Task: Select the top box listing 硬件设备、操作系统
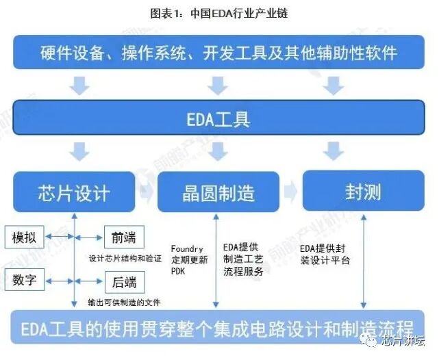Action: tap(218, 52)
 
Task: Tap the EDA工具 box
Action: tap(218, 120)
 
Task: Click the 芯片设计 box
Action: tap(74, 192)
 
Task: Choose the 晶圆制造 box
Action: tap(218, 192)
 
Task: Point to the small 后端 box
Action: tap(123, 281)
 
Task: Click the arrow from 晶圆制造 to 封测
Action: tap(290, 191)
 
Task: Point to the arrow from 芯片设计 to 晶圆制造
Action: tap(146, 192)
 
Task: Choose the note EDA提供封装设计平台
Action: tap(325, 254)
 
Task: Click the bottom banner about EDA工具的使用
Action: tap(218, 328)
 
